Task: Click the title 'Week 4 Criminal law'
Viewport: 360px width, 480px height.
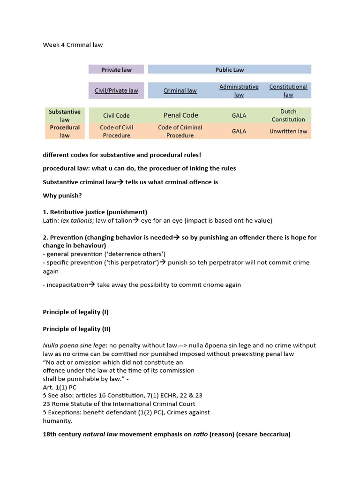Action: (x=73, y=45)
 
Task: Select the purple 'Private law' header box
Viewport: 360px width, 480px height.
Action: (x=116, y=69)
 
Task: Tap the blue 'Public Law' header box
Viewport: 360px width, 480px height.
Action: (x=229, y=69)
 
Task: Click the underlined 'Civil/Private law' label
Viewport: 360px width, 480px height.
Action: (x=116, y=90)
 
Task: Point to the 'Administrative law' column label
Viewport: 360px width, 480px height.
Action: (x=239, y=90)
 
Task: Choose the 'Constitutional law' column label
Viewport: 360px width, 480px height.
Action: (x=288, y=90)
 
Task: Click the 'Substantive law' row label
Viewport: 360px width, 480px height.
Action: (x=64, y=115)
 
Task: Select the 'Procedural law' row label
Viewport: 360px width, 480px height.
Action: (x=64, y=131)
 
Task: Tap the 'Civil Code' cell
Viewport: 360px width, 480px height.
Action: (x=116, y=115)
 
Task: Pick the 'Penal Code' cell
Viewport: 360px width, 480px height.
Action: (x=180, y=115)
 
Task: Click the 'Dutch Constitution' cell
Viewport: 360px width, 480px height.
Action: (x=288, y=115)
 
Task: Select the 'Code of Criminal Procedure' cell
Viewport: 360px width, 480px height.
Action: (x=180, y=131)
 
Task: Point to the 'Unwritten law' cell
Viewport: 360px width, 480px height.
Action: (x=288, y=131)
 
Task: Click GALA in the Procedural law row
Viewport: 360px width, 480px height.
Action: (x=239, y=131)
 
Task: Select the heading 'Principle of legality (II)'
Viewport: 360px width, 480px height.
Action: (x=76, y=329)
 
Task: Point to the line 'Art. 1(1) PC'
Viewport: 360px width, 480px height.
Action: (x=60, y=387)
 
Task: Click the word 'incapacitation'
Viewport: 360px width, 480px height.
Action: (x=67, y=285)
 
